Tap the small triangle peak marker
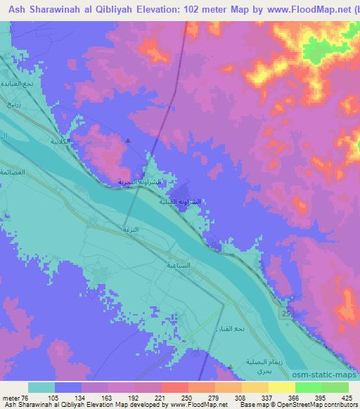(128, 140)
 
